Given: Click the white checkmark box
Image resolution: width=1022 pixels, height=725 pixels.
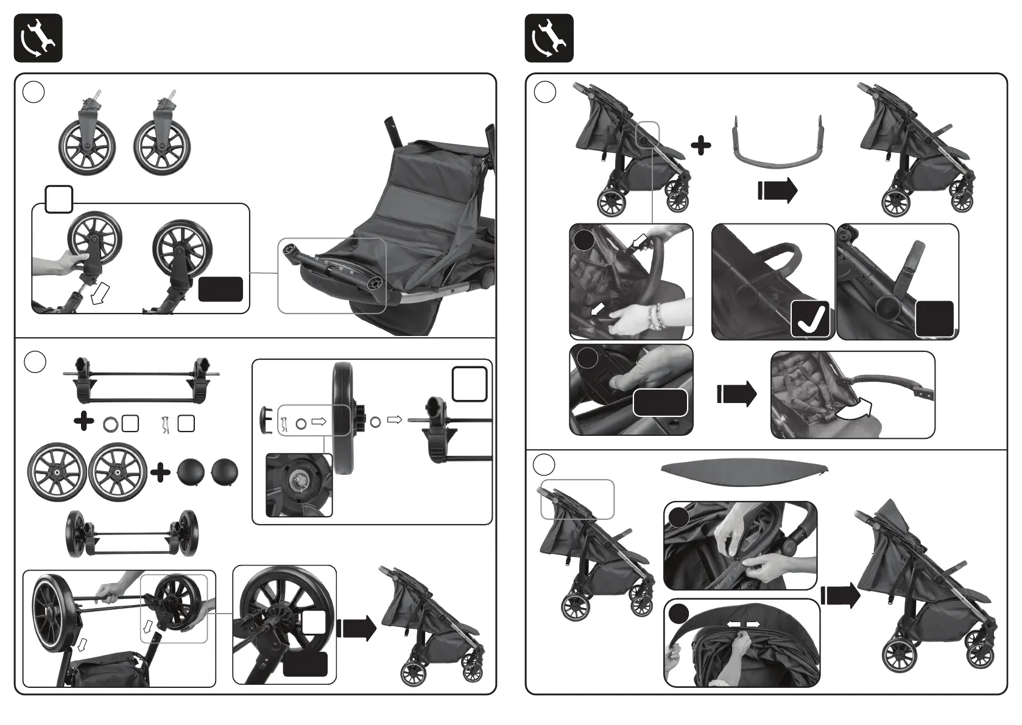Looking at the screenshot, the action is pos(811,318).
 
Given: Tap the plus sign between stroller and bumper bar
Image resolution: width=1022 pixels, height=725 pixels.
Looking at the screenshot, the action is pos(701,145).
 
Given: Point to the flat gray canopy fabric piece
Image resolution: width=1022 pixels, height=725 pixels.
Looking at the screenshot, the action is pos(744,471).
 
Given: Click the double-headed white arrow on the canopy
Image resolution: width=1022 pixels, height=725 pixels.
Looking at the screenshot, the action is pos(744,625).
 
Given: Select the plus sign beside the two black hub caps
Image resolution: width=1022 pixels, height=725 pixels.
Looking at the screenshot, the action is pos(161,473).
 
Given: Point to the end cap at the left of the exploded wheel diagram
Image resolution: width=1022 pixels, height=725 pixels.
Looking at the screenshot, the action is pos(265,421).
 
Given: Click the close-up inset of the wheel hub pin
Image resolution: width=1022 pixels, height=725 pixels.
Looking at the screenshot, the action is pos(299,485).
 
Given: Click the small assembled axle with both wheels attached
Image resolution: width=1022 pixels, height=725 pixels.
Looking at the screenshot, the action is pos(132,533).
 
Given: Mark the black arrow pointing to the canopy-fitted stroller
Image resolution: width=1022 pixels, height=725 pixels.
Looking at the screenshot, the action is pos(841,596).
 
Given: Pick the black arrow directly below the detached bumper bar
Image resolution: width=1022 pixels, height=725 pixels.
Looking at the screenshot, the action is pos(778,191).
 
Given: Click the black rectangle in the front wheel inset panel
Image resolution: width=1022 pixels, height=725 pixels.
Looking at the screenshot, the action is pos(220,289).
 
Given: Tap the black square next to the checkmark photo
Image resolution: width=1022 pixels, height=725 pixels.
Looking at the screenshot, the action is pos(934,318).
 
